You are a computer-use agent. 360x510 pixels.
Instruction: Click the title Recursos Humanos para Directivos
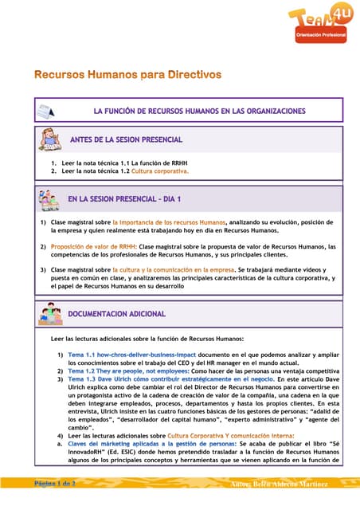(x=127, y=75)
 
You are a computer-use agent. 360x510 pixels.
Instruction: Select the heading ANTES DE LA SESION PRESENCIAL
(x=127, y=139)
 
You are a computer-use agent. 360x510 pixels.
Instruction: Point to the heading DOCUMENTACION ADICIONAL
(x=117, y=314)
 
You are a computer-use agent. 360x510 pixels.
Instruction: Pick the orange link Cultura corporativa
(x=160, y=171)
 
